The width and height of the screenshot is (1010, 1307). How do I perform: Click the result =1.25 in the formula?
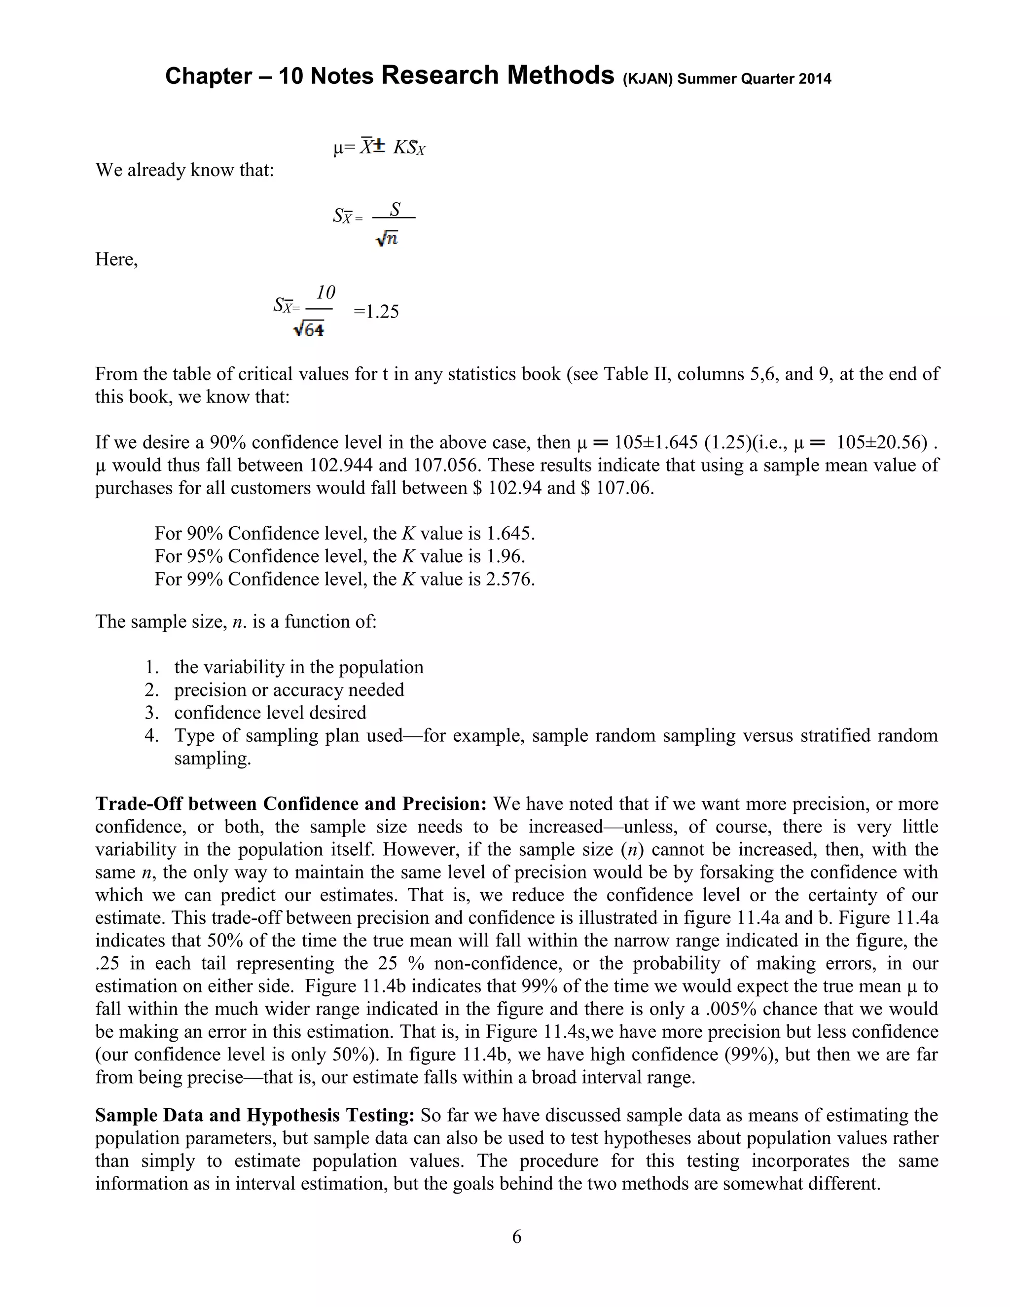coord(376,312)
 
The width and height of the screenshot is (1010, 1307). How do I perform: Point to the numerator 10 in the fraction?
coord(326,292)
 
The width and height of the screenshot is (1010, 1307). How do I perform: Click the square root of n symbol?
coord(387,239)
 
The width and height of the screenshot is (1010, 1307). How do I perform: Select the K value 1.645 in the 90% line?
coord(510,533)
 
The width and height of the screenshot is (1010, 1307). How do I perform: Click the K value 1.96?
coord(505,556)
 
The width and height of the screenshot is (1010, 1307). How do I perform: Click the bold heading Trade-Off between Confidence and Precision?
coord(291,804)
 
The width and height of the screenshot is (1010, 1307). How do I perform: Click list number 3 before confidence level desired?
coord(151,713)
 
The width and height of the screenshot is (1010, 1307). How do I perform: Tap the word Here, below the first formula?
coord(117,260)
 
